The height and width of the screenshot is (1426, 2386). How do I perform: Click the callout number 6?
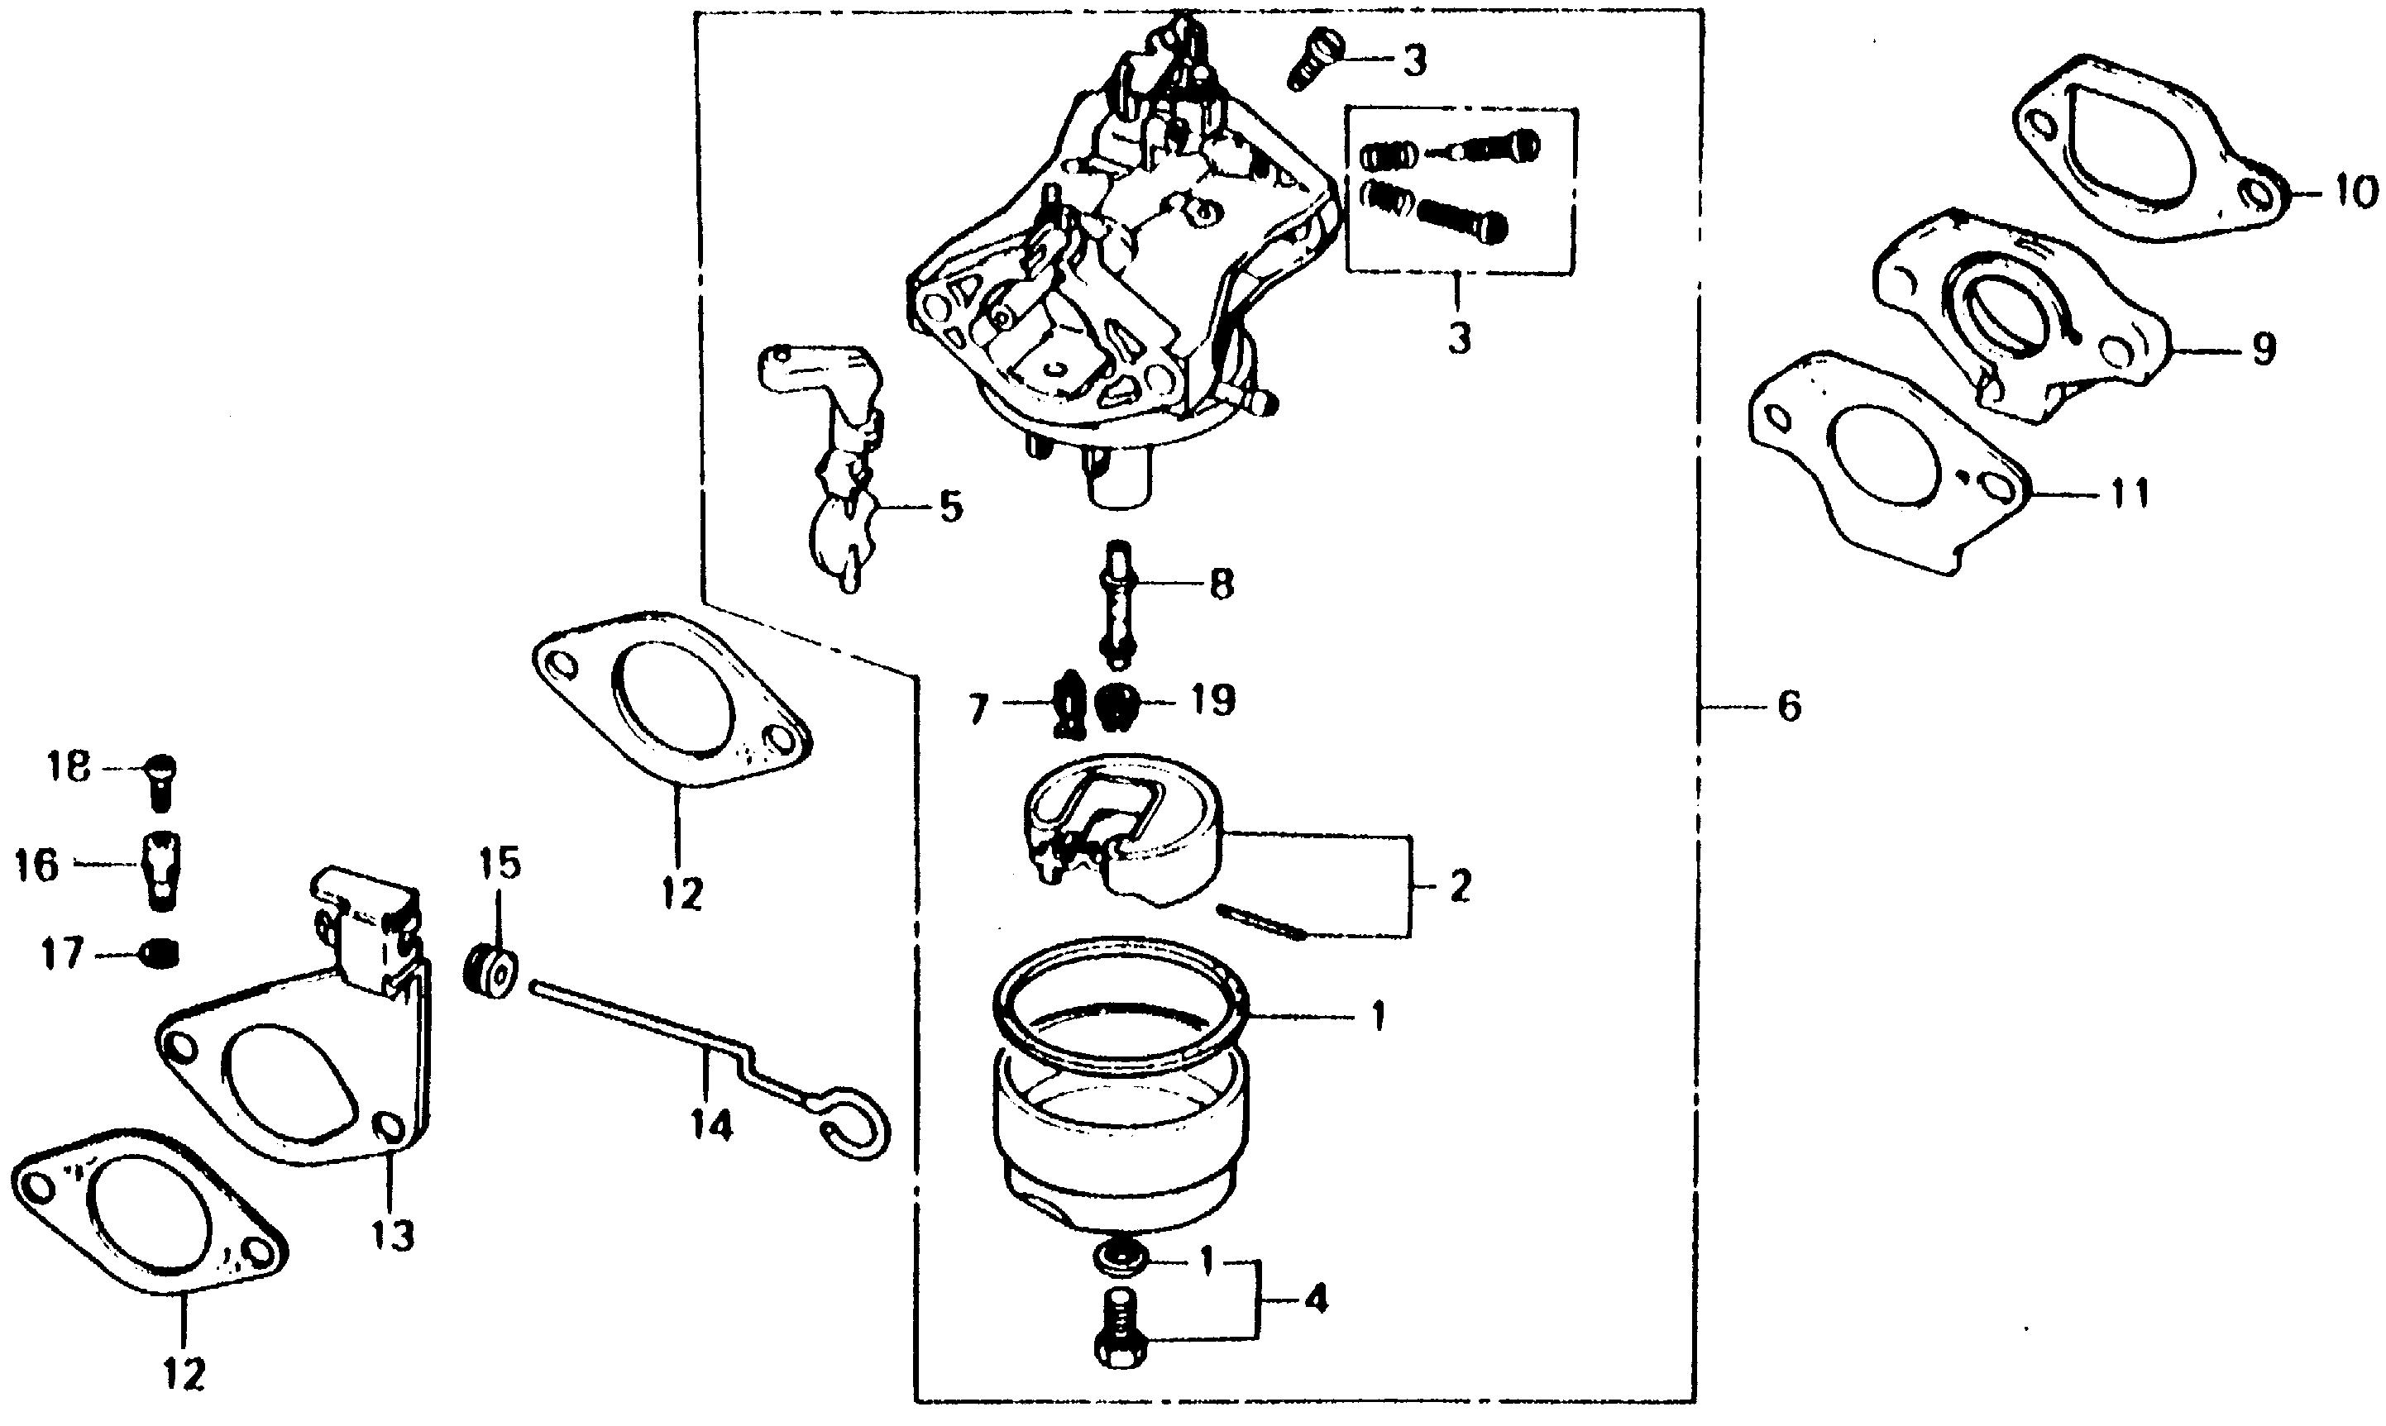click(x=1788, y=708)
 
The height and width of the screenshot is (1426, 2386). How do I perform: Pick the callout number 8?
click(x=1221, y=584)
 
